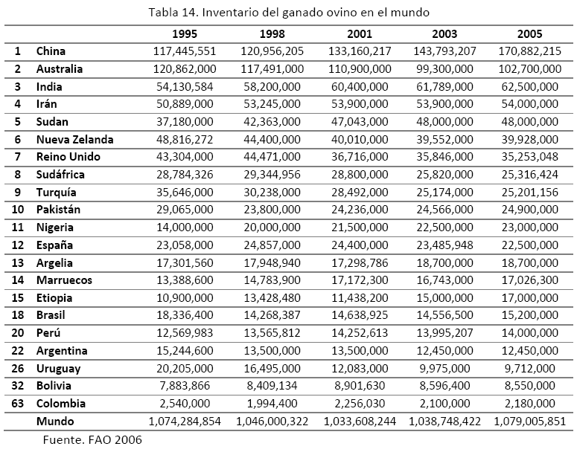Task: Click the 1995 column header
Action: point(185,34)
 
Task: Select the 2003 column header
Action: point(444,34)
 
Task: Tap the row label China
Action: point(51,51)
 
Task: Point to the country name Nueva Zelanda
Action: point(74,139)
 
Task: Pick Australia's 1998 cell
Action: point(272,69)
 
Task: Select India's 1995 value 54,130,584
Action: point(184,86)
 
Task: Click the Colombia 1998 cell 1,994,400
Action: point(272,403)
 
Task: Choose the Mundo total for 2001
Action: point(358,421)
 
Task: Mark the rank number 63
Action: point(18,403)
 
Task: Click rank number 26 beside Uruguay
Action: point(18,368)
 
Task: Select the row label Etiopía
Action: point(54,297)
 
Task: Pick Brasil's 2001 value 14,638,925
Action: point(358,315)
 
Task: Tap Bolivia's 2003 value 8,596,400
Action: point(444,386)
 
